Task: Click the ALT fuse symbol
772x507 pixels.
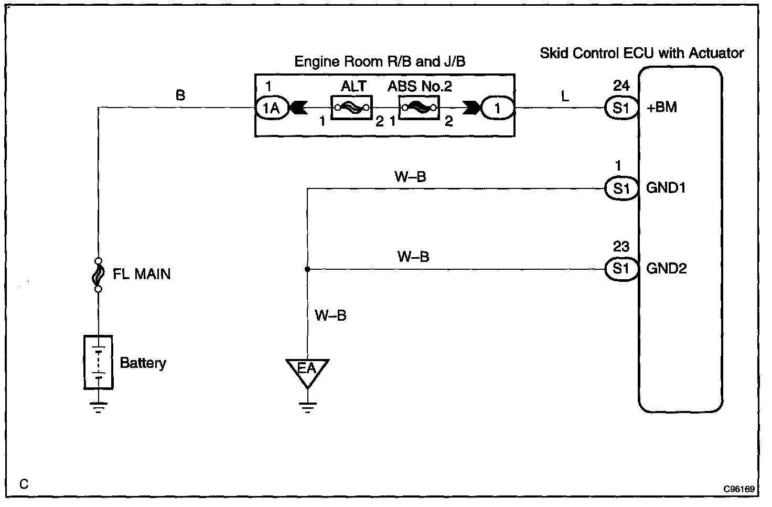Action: point(351,109)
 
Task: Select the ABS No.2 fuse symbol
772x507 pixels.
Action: point(419,109)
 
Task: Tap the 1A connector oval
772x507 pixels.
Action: point(272,109)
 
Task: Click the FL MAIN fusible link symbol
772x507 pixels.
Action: point(98,274)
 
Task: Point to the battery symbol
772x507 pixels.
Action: point(98,362)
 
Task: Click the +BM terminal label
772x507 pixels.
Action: point(662,108)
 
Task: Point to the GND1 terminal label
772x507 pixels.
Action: point(666,188)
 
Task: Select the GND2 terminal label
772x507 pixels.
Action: point(666,269)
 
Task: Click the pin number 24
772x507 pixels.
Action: point(621,86)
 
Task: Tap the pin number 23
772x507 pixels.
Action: point(621,247)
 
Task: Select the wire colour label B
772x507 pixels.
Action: point(180,95)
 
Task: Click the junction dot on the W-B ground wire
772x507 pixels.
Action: point(307,269)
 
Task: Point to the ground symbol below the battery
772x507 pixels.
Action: point(98,407)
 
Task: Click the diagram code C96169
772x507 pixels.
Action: point(738,489)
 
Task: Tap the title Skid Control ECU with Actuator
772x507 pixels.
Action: point(641,53)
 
